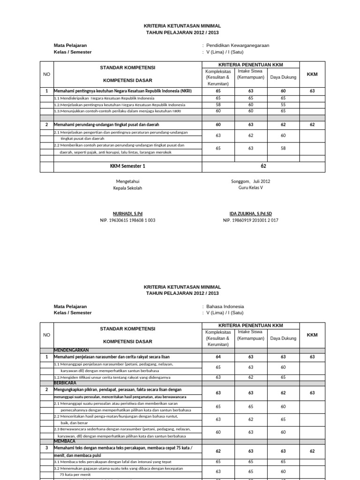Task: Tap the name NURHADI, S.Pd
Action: [127, 213]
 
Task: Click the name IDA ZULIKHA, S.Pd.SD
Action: [250, 213]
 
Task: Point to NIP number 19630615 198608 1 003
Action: [127, 220]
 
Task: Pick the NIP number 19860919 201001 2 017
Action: [250, 220]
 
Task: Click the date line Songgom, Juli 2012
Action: [250, 181]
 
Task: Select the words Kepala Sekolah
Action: [127, 188]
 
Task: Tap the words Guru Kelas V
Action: [250, 188]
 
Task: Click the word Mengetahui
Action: [127, 181]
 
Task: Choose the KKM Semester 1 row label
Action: [127, 166]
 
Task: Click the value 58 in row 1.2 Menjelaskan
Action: [218, 105]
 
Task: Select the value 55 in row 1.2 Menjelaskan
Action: [283, 105]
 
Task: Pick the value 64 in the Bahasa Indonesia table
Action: [218, 357]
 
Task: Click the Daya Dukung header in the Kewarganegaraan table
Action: [283, 77]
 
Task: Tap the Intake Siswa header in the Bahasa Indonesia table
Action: [251, 335]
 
